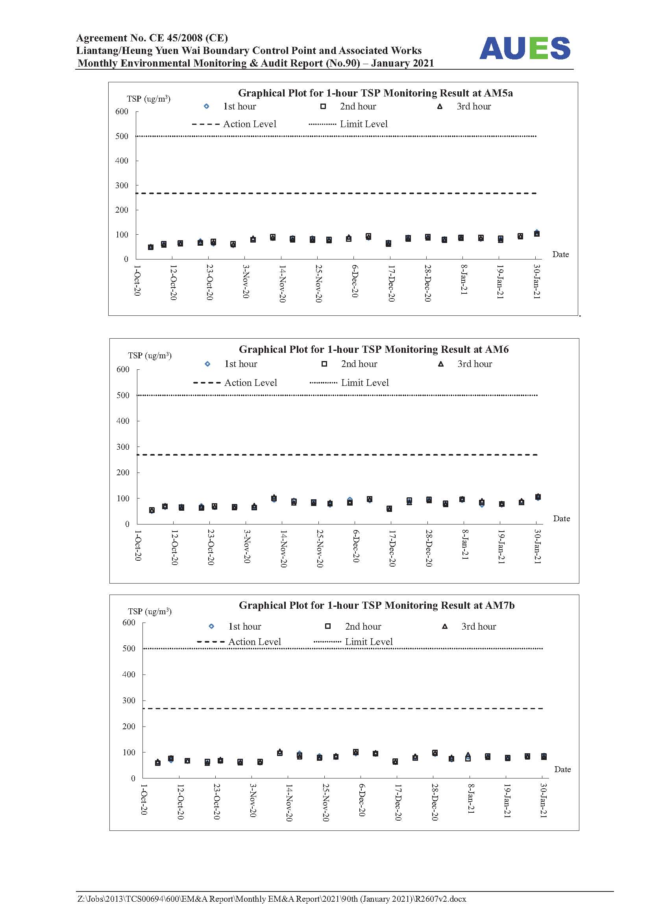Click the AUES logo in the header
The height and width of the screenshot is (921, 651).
525,48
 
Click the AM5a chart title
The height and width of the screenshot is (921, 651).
375,93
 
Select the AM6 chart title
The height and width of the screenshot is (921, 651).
374,349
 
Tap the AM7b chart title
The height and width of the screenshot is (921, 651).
376,605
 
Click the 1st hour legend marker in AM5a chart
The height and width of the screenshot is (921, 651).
207,106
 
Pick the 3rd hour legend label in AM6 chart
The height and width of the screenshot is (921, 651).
475,364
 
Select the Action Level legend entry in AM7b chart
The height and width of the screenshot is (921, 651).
239,642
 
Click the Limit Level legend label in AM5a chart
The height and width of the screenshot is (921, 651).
364,124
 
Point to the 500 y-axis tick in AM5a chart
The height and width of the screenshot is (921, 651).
122,136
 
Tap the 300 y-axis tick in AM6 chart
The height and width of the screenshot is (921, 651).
123,447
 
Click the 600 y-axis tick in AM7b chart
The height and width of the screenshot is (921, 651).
129,623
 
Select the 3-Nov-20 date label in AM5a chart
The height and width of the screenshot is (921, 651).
246,281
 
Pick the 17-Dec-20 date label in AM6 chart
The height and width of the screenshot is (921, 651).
392,549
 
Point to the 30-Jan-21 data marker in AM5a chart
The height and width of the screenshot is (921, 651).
537,233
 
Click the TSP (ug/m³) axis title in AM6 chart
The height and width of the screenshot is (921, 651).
150,356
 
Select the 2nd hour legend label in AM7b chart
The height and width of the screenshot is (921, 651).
363,626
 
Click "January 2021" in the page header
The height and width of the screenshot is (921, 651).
403,63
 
